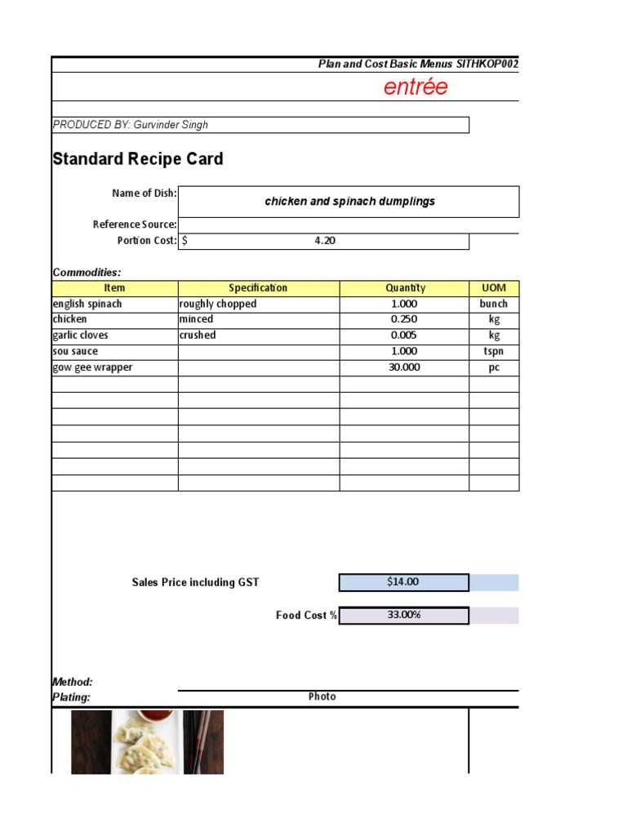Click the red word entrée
coord(416,87)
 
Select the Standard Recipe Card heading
coord(137,159)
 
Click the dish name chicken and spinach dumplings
coord(349,202)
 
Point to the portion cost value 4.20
coord(325,241)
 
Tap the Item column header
coord(114,288)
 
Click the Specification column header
coord(258,288)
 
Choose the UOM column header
coord(494,288)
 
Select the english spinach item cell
coord(87,304)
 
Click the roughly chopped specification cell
coord(218,304)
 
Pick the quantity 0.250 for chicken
coord(404,319)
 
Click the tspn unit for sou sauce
coord(494,351)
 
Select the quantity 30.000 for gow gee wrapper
coord(404,367)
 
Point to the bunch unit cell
coord(494,304)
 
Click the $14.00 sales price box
coord(403,582)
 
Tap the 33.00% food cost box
coord(403,616)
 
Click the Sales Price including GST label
coord(195,582)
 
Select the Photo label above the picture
coord(322,696)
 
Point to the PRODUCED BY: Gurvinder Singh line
coord(131,125)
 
